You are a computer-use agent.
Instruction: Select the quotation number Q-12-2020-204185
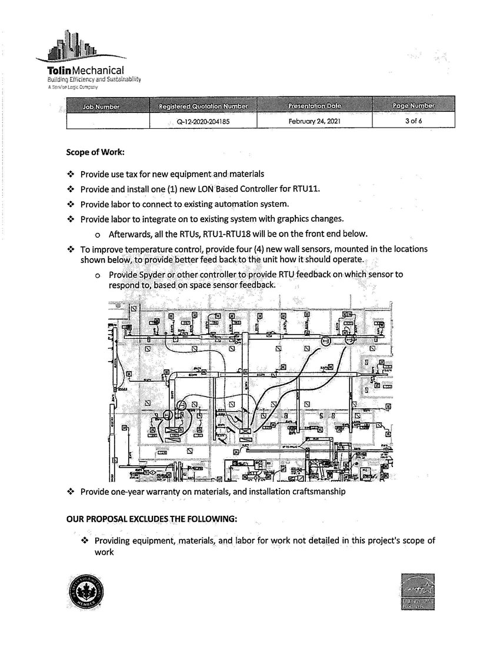click(x=204, y=121)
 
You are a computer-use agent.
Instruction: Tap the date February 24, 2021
click(x=315, y=121)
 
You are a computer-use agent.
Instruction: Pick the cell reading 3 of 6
click(x=413, y=121)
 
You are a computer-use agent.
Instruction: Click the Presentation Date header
click(x=315, y=106)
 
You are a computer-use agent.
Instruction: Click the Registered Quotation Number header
click(x=204, y=106)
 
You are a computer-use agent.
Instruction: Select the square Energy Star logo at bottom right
click(x=417, y=591)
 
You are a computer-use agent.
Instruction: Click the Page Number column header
click(x=413, y=106)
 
